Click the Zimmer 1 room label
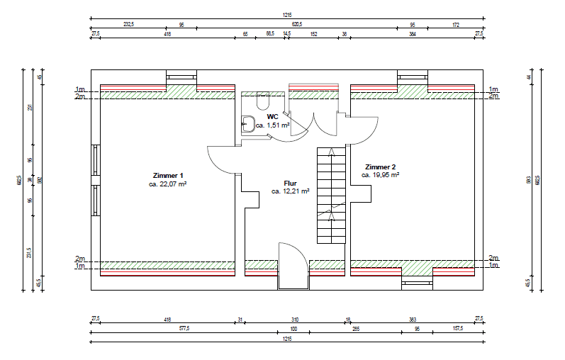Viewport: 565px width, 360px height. [168, 175]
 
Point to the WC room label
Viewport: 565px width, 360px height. [272, 116]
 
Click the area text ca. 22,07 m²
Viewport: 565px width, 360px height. [168, 184]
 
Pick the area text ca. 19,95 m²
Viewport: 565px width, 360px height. [380, 174]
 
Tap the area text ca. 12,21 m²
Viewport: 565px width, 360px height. [291, 191]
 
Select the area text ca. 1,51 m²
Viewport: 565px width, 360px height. [273, 125]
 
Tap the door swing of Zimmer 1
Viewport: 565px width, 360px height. [221, 159]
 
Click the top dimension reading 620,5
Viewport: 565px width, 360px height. [296, 24]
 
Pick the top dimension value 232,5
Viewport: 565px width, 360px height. [128, 24]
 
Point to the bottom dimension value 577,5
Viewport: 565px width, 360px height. [167, 328]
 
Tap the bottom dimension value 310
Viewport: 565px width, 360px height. [295, 320]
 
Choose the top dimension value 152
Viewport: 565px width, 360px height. [313, 33]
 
